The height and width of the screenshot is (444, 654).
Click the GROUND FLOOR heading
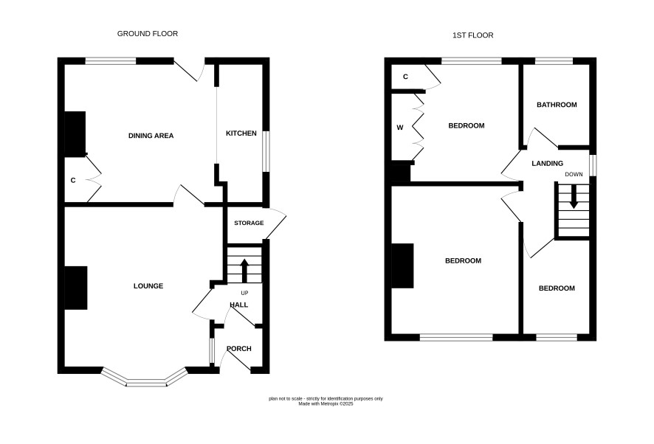click(147, 34)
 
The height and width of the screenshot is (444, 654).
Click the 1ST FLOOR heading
click(472, 35)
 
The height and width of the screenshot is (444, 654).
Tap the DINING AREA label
click(151, 136)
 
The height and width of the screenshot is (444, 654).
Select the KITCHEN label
click(241, 133)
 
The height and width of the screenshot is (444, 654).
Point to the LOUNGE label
click(148, 286)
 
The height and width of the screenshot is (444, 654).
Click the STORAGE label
click(249, 223)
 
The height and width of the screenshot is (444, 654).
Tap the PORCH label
click(239, 349)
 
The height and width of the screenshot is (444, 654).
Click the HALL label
click(239, 305)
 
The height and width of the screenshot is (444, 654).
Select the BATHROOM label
click(557, 105)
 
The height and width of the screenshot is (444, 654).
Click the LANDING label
click(547, 164)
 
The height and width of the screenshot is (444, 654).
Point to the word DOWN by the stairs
click(574, 174)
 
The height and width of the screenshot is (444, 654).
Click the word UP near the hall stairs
click(244, 293)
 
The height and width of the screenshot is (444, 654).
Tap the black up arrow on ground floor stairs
click(244, 271)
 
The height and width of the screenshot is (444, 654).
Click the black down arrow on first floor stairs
click(574, 196)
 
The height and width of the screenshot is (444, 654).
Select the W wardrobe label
click(399, 128)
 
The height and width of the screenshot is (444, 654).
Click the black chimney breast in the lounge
click(76, 288)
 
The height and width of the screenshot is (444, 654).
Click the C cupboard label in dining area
click(73, 181)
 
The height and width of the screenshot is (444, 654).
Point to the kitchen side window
click(266, 151)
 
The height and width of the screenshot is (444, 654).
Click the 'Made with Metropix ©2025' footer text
click(326, 404)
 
